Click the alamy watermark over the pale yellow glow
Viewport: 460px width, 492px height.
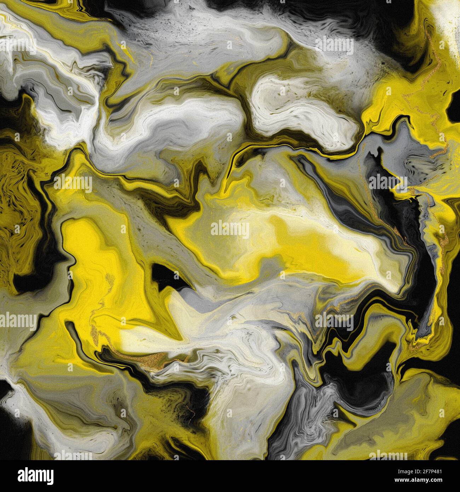[x=230, y=230]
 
